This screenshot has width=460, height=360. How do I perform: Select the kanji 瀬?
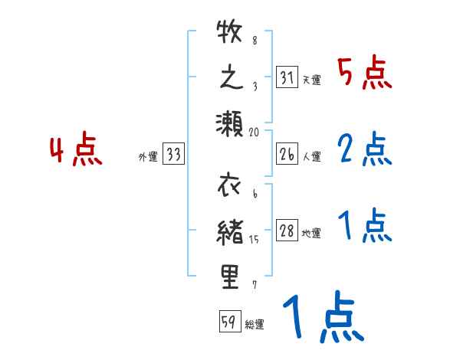tap(230, 123)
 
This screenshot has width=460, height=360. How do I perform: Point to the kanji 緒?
tap(230, 232)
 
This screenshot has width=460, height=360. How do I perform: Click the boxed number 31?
tap(287, 78)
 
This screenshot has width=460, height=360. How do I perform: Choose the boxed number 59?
tap(228, 322)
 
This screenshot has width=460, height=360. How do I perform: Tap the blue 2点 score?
tap(365, 149)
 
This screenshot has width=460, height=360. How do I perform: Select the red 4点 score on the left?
tap(77, 151)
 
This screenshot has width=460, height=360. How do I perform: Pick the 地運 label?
tap(311, 234)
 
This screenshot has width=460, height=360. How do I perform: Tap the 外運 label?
tap(148, 157)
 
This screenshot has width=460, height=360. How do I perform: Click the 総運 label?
tap(254, 324)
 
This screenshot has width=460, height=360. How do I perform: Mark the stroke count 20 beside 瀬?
tap(255, 132)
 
